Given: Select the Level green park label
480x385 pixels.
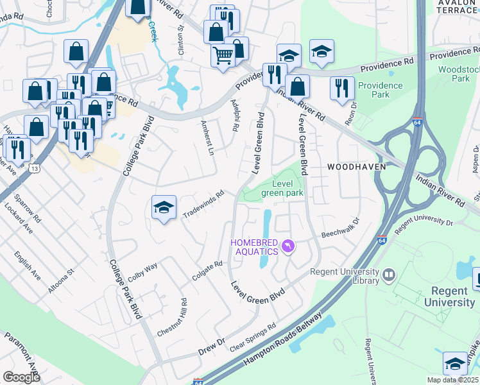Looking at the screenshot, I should click(282, 188).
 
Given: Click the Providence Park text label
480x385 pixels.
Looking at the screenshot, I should click(381, 90).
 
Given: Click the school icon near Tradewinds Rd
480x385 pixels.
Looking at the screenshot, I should click(164, 207).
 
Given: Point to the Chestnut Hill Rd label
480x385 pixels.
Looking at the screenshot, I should click(171, 318).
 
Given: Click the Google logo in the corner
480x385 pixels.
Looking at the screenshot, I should click(21, 377).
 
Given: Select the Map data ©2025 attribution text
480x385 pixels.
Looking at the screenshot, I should click(452, 380).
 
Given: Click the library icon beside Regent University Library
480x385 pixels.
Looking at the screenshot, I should click(388, 275).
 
